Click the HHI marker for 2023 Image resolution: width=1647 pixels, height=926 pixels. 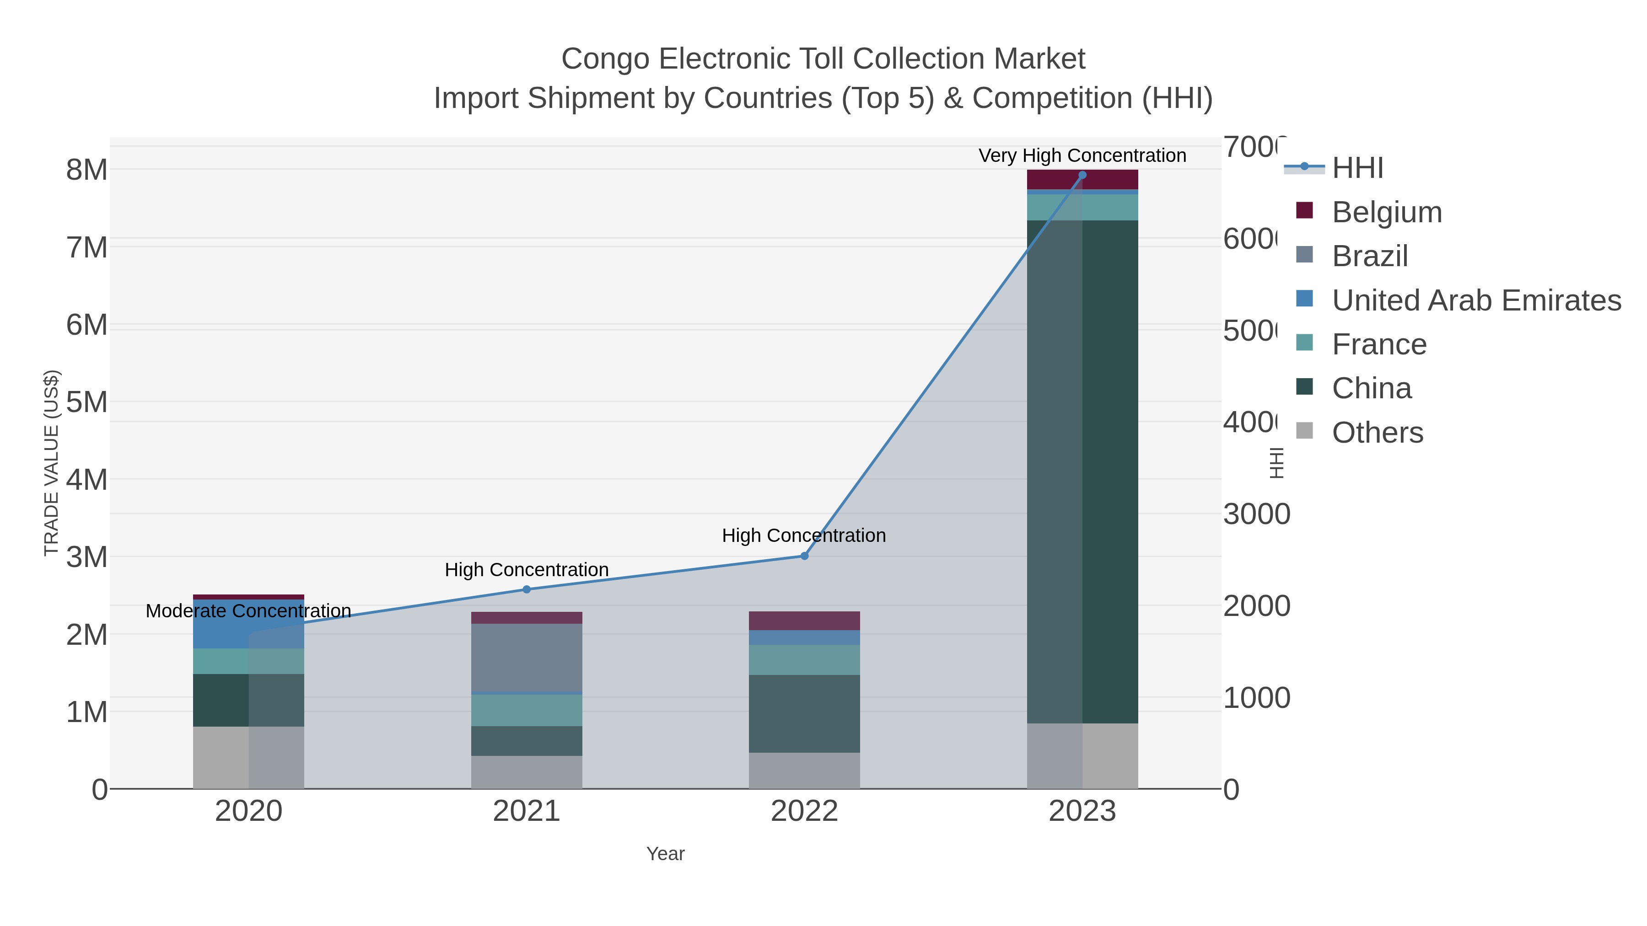coord(1082,175)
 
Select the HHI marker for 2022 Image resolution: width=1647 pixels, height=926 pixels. coord(804,556)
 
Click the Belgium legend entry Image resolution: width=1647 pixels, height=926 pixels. coord(1386,212)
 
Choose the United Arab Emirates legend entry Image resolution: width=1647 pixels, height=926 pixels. coord(1475,300)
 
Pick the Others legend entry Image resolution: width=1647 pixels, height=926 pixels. coord(1377,433)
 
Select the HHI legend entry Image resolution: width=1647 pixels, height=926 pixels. coord(1357,168)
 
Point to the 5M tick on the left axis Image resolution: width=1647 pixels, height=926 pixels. coord(87,402)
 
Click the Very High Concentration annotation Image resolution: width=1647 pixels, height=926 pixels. coord(1082,155)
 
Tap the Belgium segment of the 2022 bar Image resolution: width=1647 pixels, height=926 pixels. coord(804,621)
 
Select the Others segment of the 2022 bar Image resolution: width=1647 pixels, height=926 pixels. coord(804,770)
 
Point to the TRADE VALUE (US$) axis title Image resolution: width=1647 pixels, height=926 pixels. coord(51,463)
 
